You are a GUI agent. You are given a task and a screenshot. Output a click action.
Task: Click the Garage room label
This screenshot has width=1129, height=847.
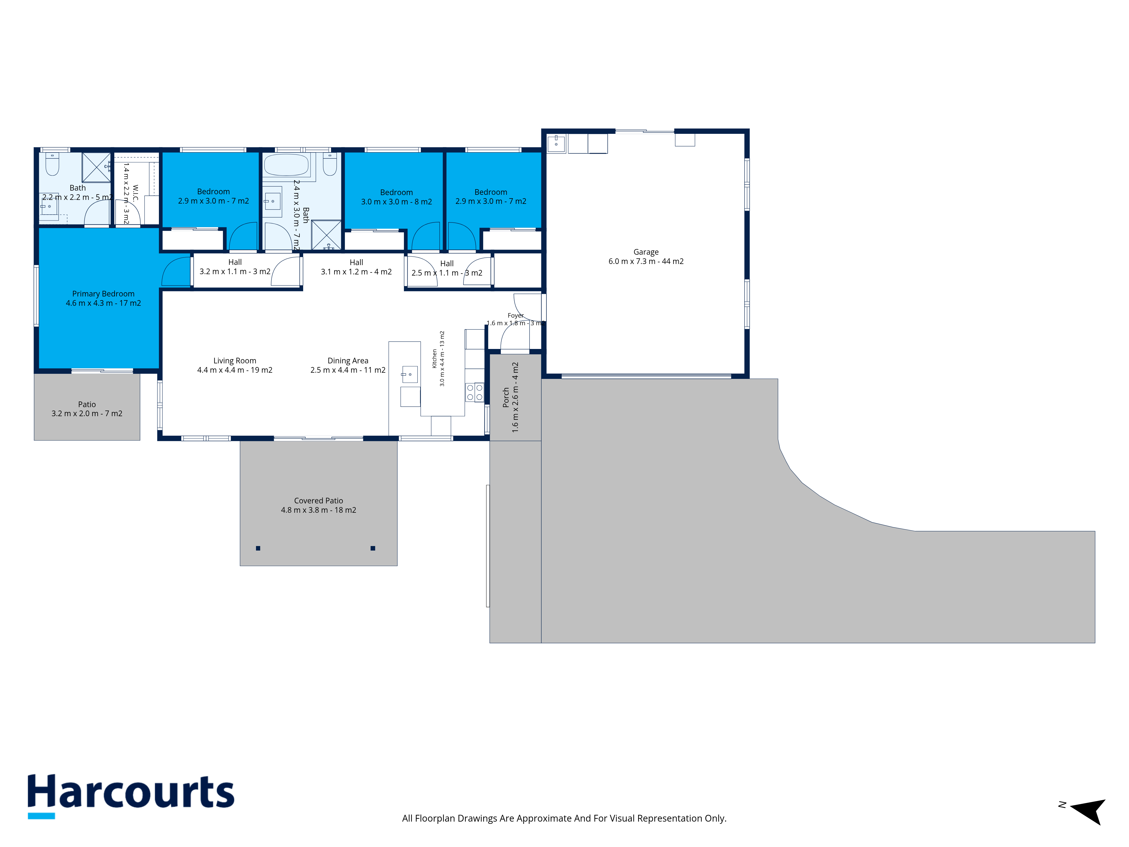(x=646, y=256)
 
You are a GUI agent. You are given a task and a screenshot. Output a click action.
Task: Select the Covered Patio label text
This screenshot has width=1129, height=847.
(x=318, y=505)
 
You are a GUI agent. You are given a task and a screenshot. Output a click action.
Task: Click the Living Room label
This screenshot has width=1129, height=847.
(x=235, y=365)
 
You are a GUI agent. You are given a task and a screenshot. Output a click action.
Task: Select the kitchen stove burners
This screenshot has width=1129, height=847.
(x=475, y=392)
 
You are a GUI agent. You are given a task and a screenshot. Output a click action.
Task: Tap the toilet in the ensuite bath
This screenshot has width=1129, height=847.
(x=52, y=163)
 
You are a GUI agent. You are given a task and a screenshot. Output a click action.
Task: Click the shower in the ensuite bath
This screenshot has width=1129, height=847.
(x=97, y=167)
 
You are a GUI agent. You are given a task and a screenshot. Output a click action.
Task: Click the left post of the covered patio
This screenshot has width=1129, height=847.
(x=258, y=548)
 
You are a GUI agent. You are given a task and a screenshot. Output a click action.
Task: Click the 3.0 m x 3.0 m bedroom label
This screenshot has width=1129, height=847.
(x=397, y=197)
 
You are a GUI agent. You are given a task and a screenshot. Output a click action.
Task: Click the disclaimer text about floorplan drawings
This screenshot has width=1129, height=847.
(x=564, y=818)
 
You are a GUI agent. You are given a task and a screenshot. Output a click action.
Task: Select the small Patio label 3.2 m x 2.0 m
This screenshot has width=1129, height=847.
(x=87, y=409)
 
